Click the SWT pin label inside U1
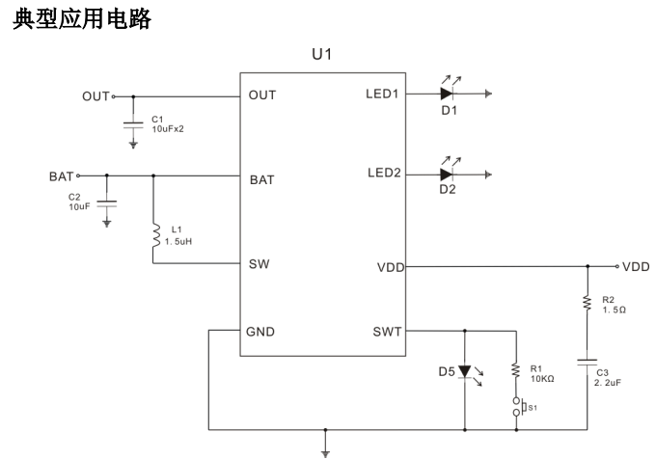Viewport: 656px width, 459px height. click(x=387, y=332)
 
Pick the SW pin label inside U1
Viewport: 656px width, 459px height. click(x=258, y=263)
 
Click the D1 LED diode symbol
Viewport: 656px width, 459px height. click(x=447, y=94)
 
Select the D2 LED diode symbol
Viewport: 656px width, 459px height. click(x=447, y=175)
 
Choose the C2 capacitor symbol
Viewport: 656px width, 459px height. click(x=107, y=202)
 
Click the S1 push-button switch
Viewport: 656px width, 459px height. click(x=518, y=407)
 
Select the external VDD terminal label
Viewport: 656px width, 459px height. click(x=636, y=265)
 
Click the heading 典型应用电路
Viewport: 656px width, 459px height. click(x=80, y=17)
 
